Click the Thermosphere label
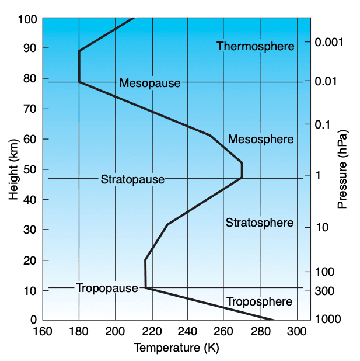[256, 46]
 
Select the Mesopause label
[150, 83]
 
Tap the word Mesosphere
[261, 139]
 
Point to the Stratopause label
[132, 179]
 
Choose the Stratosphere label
[259, 223]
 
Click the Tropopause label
[106, 288]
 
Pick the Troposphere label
[259, 301]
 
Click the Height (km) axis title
[14, 169]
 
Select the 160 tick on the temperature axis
[43, 332]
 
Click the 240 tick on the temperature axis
[188, 332]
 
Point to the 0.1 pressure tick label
[323, 124]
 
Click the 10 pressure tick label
[321, 227]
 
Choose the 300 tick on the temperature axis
[298, 332]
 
